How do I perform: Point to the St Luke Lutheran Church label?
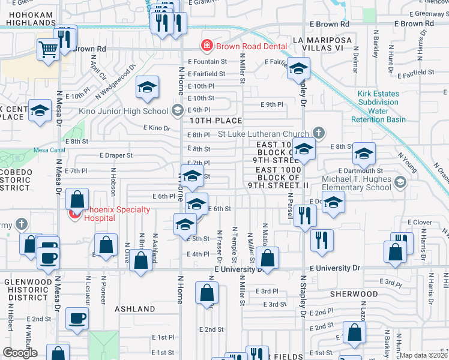click(x=263, y=133)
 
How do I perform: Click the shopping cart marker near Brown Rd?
click(x=47, y=49)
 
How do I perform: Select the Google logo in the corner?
click(x=20, y=352)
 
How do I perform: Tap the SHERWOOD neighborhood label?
click(x=354, y=294)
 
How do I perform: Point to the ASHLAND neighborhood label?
click(x=135, y=309)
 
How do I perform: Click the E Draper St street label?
click(x=116, y=155)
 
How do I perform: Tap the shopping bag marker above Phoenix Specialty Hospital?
click(x=77, y=199)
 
